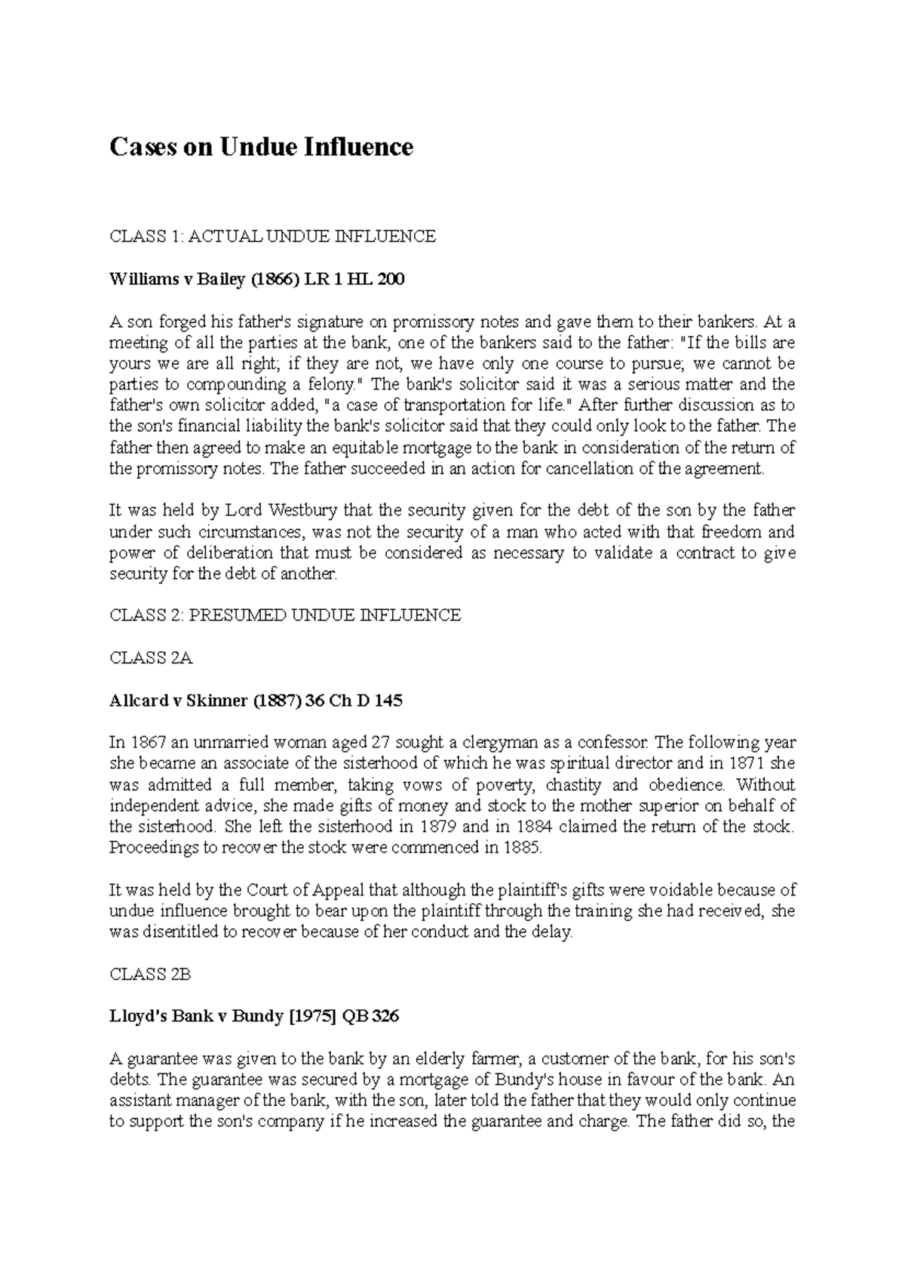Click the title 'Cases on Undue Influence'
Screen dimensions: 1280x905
[x=261, y=146]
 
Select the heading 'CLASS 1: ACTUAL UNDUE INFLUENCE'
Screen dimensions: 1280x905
[x=272, y=237]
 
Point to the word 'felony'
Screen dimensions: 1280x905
[x=327, y=384]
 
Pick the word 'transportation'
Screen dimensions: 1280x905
[x=453, y=406]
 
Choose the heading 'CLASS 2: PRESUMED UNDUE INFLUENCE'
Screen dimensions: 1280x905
[x=285, y=615]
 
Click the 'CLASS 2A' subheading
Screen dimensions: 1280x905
[x=152, y=658]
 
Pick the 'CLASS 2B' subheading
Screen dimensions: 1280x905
[x=151, y=974]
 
